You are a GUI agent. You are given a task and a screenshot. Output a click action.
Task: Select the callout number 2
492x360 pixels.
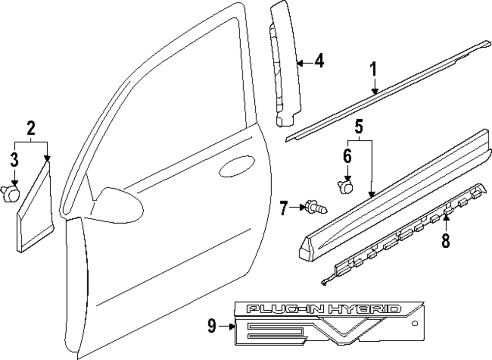[x=31, y=129]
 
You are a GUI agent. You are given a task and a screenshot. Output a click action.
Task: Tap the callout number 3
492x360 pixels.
[x=14, y=160]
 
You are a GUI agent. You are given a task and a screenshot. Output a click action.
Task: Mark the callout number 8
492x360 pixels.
[x=445, y=242]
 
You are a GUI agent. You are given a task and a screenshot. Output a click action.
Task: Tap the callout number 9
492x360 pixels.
[x=212, y=326]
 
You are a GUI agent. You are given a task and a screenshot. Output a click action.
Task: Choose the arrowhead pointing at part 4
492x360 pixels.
[x=300, y=63]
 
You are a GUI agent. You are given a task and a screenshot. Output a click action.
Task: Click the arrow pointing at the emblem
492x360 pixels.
[x=228, y=326]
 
